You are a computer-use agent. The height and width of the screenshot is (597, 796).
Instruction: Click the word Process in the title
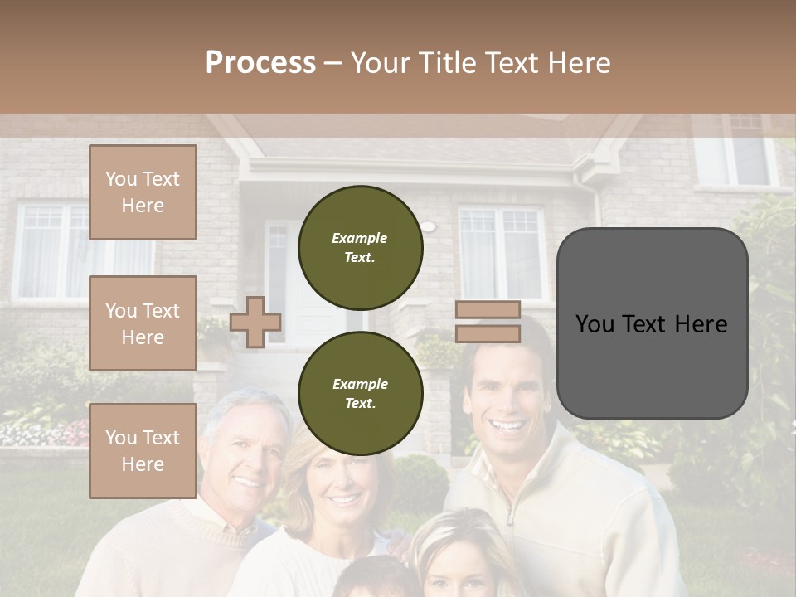coord(260,63)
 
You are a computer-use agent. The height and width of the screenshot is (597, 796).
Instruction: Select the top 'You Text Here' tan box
coord(143,192)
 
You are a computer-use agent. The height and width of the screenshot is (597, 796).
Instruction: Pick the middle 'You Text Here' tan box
coord(143,323)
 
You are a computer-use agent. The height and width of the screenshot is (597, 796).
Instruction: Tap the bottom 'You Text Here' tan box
coord(143,450)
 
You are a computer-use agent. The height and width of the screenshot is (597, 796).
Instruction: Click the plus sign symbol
coord(255,323)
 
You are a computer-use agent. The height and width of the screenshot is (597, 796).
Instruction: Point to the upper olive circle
coord(360,247)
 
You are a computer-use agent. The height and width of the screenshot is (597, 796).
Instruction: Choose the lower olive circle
coord(360,393)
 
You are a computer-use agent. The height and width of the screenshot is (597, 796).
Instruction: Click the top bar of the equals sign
coord(488,310)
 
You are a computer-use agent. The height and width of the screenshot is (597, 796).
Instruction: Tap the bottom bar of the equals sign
coord(488,334)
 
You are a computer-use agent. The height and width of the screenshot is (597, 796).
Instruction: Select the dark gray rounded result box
coord(652,323)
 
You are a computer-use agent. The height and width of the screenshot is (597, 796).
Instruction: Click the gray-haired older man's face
coord(246,457)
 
